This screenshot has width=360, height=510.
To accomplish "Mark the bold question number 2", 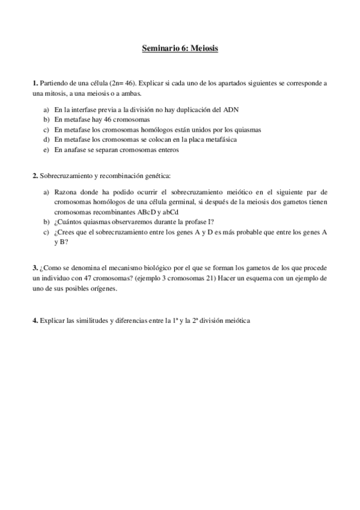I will pos(34,176).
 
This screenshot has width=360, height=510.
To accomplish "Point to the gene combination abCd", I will pos(163,212).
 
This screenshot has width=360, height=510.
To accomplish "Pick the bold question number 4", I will pos(34,321).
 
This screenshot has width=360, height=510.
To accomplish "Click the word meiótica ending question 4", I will pos(236,321).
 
